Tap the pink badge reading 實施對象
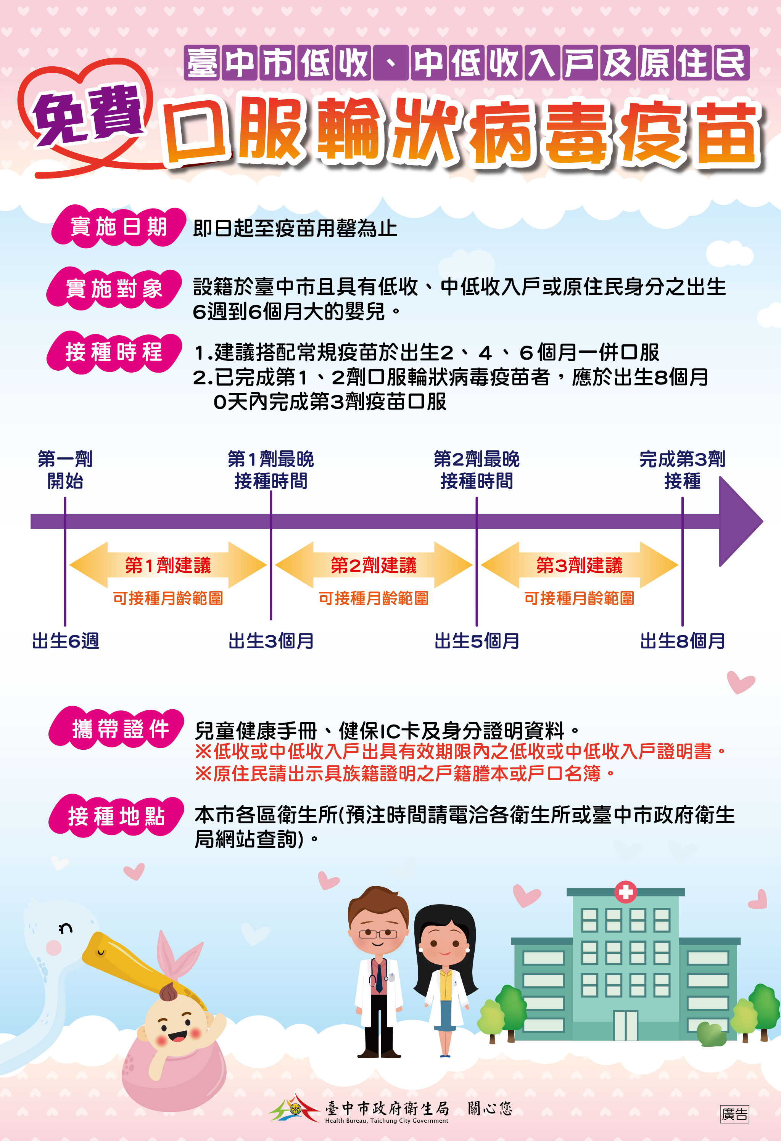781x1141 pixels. click(114, 289)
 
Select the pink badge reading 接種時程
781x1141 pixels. click(114, 352)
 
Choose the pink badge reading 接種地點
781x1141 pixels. click(116, 816)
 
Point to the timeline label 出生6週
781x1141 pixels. click(65, 641)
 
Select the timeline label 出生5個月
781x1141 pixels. click(477, 641)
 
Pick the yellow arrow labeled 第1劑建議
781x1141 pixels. click(167, 565)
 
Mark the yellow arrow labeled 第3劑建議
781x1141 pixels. click(579, 565)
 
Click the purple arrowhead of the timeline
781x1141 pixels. click(739, 521)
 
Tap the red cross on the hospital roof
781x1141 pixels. click(625, 892)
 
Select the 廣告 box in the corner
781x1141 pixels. click(734, 1114)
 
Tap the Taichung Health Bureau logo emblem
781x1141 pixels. click(295, 1108)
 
